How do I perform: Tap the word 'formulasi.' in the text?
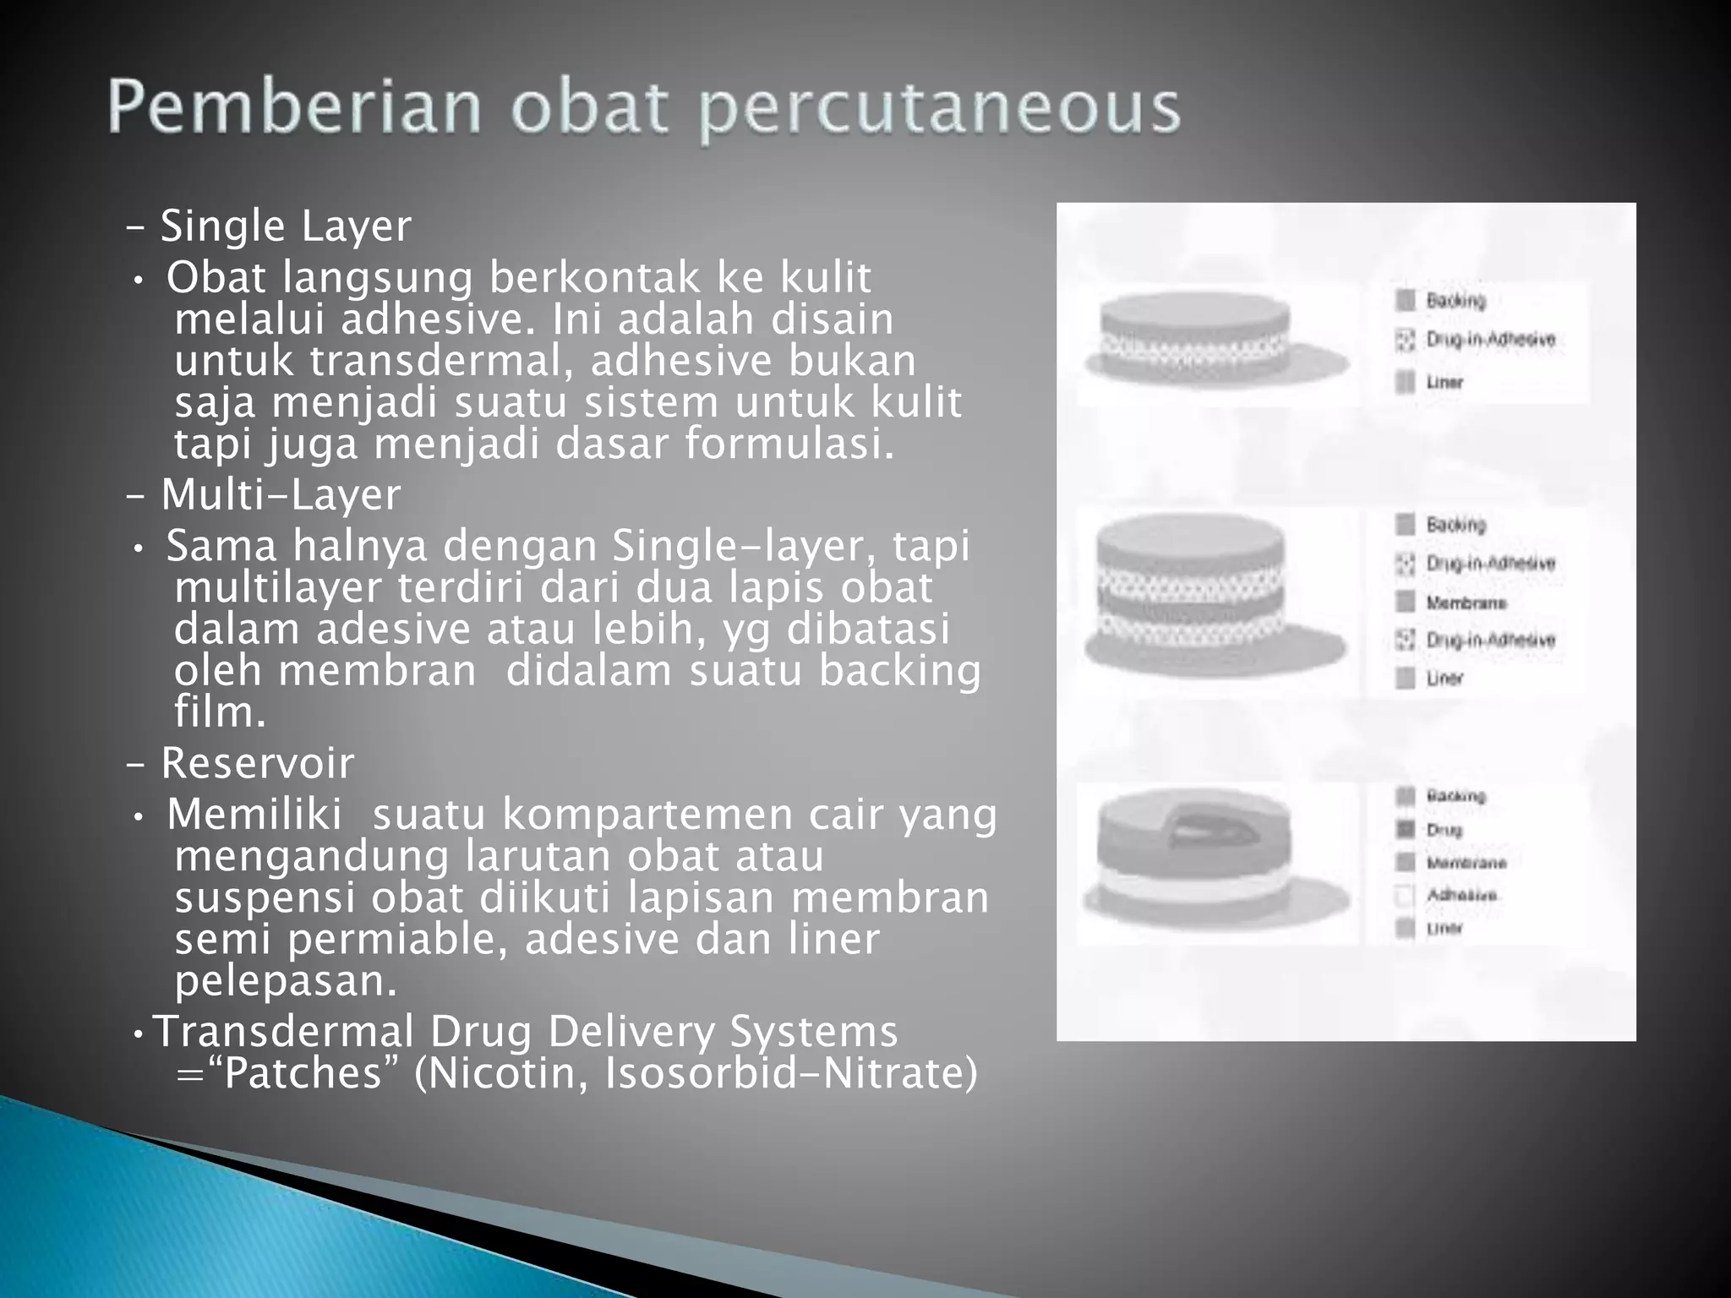789,444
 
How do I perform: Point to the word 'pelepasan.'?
286,981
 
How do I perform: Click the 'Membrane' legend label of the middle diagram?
1466,603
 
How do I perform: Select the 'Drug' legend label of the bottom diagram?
1444,830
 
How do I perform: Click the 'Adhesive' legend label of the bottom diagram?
1461,895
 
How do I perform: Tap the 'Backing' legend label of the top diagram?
1455,301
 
